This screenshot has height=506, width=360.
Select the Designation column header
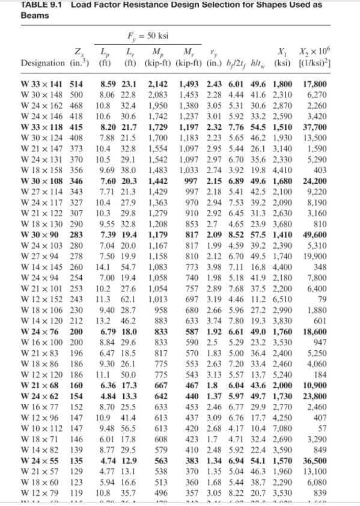coord(43,63)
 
